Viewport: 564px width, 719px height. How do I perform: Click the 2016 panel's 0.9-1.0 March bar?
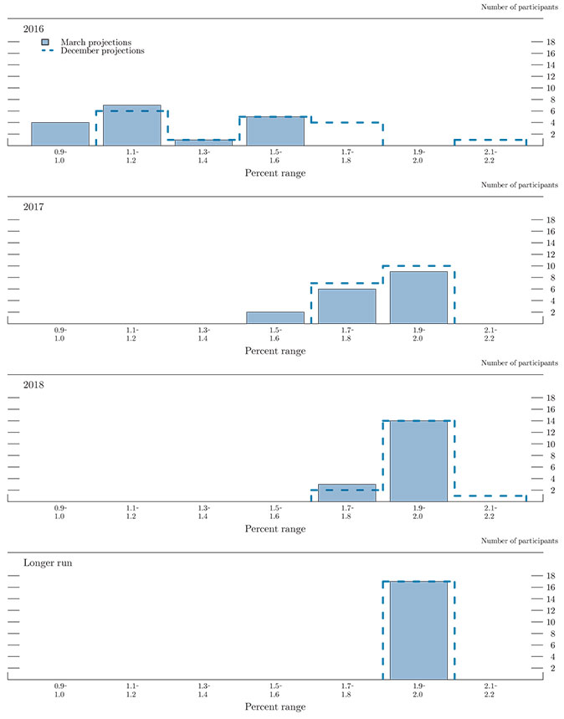[x=60, y=134]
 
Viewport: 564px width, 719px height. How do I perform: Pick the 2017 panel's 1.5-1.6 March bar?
[x=275, y=317]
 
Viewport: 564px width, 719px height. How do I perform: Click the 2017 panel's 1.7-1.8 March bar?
[x=346, y=306]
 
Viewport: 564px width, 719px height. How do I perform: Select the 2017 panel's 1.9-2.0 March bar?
[x=418, y=297]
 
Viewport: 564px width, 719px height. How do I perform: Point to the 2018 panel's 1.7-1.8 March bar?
[x=346, y=492]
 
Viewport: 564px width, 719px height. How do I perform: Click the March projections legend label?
[x=96, y=41]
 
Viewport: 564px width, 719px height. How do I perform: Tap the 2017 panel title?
[x=34, y=207]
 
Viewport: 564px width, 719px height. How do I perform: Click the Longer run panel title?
[x=48, y=563]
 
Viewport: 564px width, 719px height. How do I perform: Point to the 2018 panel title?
[x=34, y=385]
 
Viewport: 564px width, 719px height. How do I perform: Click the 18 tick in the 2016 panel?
[x=551, y=42]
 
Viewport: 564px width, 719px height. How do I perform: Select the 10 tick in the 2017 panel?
[x=551, y=265]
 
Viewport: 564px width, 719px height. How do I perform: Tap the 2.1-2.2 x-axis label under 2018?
[x=490, y=512]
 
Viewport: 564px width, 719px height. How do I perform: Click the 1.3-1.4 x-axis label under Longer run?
[x=203, y=691]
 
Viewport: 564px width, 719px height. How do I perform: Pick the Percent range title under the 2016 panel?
[x=275, y=172]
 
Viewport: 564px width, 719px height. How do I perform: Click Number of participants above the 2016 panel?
[x=520, y=7]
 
